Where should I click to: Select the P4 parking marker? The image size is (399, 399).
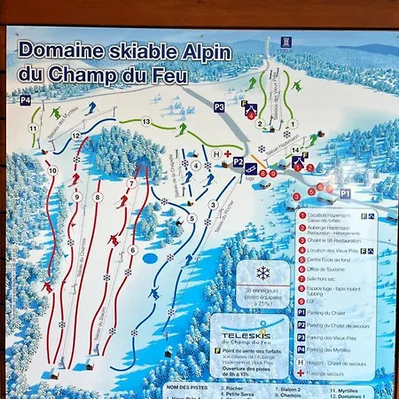[x=25, y=101]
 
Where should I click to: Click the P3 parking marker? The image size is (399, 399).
[x=219, y=107]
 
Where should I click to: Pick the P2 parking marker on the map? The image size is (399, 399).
[x=239, y=162]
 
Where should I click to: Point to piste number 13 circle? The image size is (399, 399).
[x=146, y=121]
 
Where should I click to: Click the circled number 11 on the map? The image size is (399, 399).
[x=32, y=129]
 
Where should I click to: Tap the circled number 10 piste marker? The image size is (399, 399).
[x=53, y=169]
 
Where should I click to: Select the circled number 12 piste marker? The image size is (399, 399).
[x=76, y=136]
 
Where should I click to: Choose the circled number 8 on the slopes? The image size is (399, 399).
[x=98, y=197]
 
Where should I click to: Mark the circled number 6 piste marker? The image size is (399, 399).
[x=133, y=249]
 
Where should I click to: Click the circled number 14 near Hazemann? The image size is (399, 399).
[x=295, y=150]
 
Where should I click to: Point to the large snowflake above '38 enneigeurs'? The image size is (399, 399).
[x=262, y=273]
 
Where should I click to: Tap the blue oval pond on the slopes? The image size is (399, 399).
[x=150, y=258]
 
